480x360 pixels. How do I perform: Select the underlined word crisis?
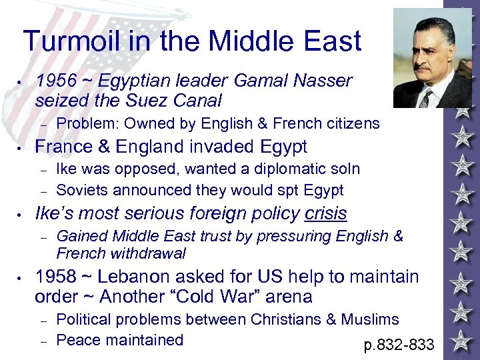[326, 213]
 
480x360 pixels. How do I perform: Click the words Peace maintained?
[119, 340]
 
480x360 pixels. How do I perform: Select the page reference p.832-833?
[399, 345]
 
